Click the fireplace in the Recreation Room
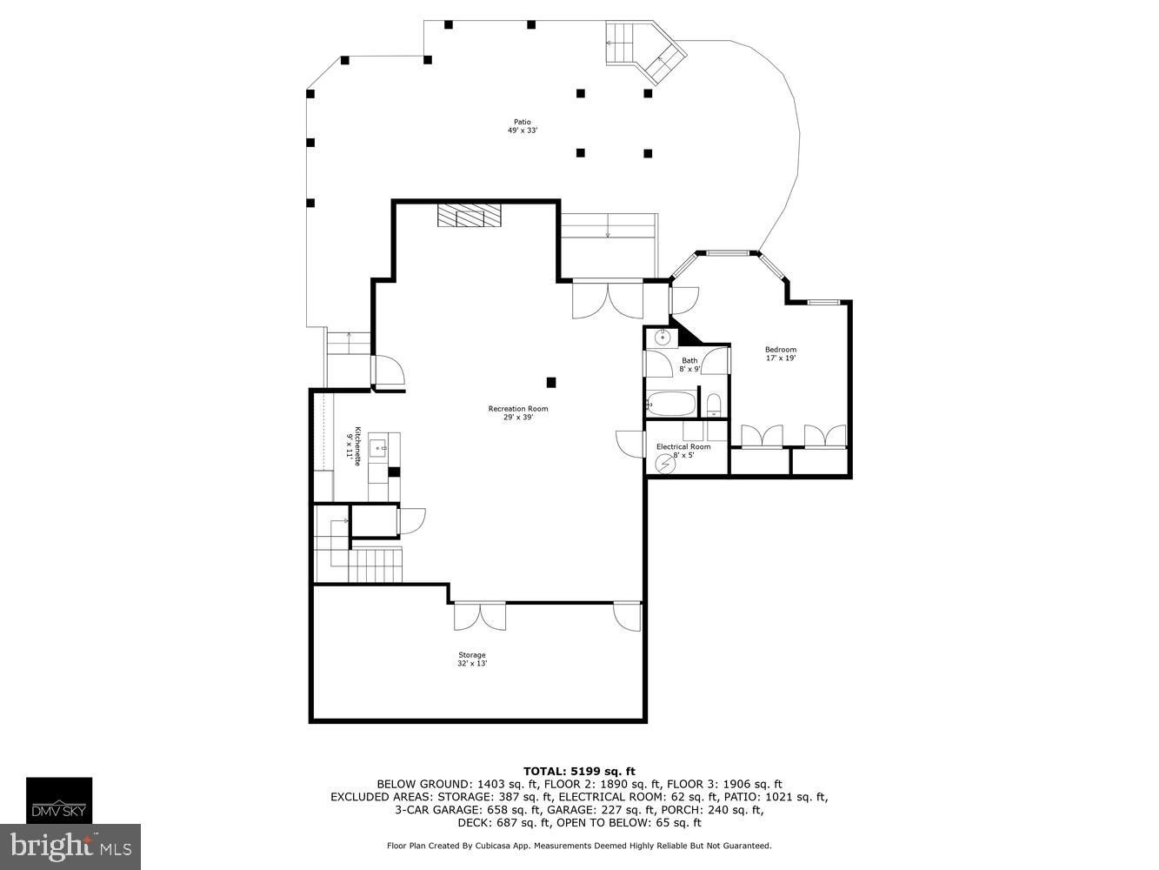coord(469,216)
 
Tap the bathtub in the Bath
coord(671,404)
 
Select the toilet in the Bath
coord(713,405)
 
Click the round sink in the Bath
coord(663,337)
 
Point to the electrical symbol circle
coord(665,464)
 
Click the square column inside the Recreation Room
coord(551,382)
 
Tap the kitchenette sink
coord(378,449)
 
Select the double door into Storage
coord(480,616)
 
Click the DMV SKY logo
coord(59,800)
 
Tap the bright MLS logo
coord(70,847)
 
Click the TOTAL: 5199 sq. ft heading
coord(579,771)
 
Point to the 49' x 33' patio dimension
coord(523,130)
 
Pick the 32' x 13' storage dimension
coord(472,664)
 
